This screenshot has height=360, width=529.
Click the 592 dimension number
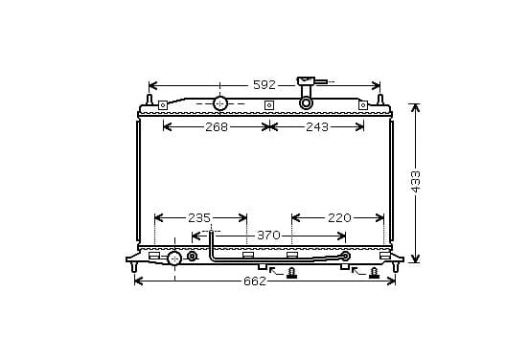[264, 85]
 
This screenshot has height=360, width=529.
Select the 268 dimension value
[217, 127]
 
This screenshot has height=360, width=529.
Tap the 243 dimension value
[317, 127]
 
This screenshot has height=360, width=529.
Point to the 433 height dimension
[416, 182]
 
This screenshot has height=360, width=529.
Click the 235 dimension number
[199, 218]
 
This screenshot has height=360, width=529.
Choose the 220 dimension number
[339, 218]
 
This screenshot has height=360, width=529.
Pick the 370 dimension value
[268, 236]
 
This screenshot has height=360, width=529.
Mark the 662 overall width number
[255, 281]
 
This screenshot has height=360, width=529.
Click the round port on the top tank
[220, 103]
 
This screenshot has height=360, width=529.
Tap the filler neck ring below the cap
[306, 103]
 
